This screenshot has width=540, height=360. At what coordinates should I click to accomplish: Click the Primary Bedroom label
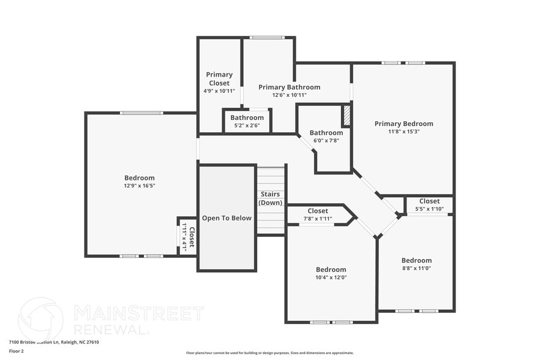(x=403, y=124)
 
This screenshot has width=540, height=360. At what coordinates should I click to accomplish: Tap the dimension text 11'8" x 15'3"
(x=403, y=131)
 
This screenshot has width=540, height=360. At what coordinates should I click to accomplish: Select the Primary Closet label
(x=219, y=79)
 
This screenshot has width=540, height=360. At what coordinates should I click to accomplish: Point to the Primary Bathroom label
(x=289, y=87)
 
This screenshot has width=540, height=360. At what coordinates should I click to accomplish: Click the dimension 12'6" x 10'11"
(x=289, y=95)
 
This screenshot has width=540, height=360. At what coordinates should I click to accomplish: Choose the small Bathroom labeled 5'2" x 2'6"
(x=247, y=118)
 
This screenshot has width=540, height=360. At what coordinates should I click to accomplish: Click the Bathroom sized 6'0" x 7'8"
(x=326, y=133)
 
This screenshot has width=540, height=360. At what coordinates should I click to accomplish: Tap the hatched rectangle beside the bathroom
(x=346, y=116)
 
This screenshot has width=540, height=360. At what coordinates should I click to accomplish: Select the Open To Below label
(x=227, y=218)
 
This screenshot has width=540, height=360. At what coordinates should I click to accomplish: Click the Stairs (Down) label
(x=271, y=198)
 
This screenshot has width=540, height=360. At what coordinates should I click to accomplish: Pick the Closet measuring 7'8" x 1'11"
(x=318, y=211)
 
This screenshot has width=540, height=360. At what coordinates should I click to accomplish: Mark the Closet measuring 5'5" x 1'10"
(x=429, y=201)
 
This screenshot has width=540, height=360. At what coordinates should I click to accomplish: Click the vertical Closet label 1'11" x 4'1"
(x=192, y=236)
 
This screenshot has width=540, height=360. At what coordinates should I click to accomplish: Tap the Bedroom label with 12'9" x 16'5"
(x=140, y=178)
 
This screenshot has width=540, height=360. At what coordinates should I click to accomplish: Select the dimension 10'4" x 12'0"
(x=331, y=277)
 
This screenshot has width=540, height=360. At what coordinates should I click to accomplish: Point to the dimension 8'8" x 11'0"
(x=416, y=268)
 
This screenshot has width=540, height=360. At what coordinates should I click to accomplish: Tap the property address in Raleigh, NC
(x=53, y=342)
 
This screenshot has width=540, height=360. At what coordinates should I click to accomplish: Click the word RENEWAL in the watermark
(x=111, y=329)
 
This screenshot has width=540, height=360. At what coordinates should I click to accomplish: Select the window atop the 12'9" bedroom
(x=141, y=113)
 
